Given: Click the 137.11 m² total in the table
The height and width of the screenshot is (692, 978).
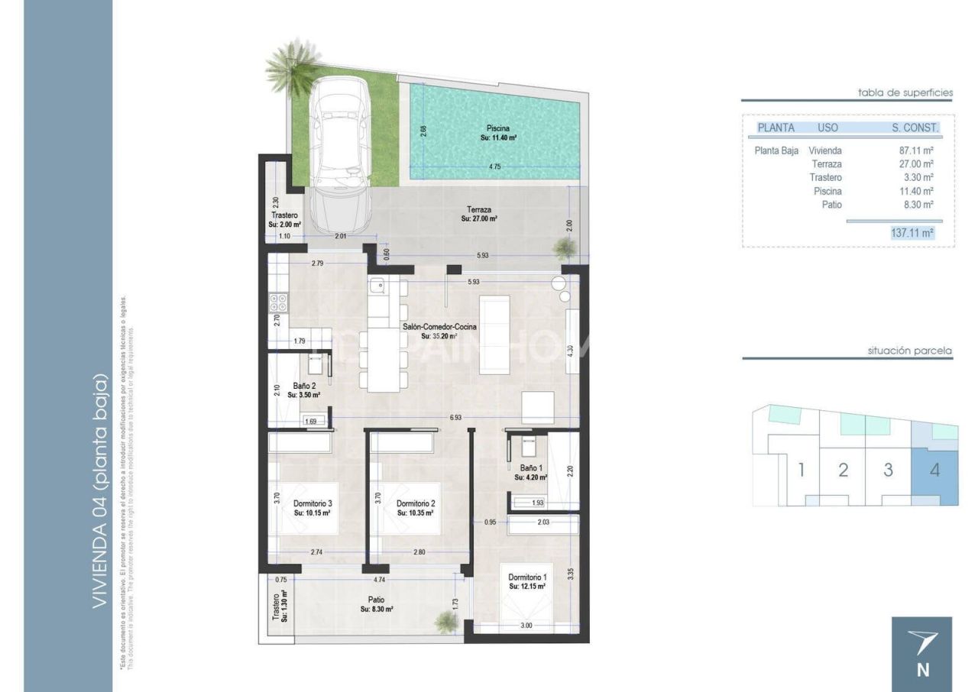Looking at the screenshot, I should click(x=912, y=233).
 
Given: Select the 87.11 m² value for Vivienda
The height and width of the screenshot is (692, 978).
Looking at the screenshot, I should click(x=916, y=150).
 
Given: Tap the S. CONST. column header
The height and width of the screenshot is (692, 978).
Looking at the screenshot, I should click(x=915, y=128).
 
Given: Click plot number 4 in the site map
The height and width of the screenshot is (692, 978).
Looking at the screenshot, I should click(x=934, y=469).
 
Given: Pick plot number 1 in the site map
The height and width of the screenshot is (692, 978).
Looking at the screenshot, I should click(x=801, y=469).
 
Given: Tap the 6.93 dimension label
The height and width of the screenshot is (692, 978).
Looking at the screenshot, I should click(x=455, y=418).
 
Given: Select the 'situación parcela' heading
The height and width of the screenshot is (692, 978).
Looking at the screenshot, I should click(x=909, y=351).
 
